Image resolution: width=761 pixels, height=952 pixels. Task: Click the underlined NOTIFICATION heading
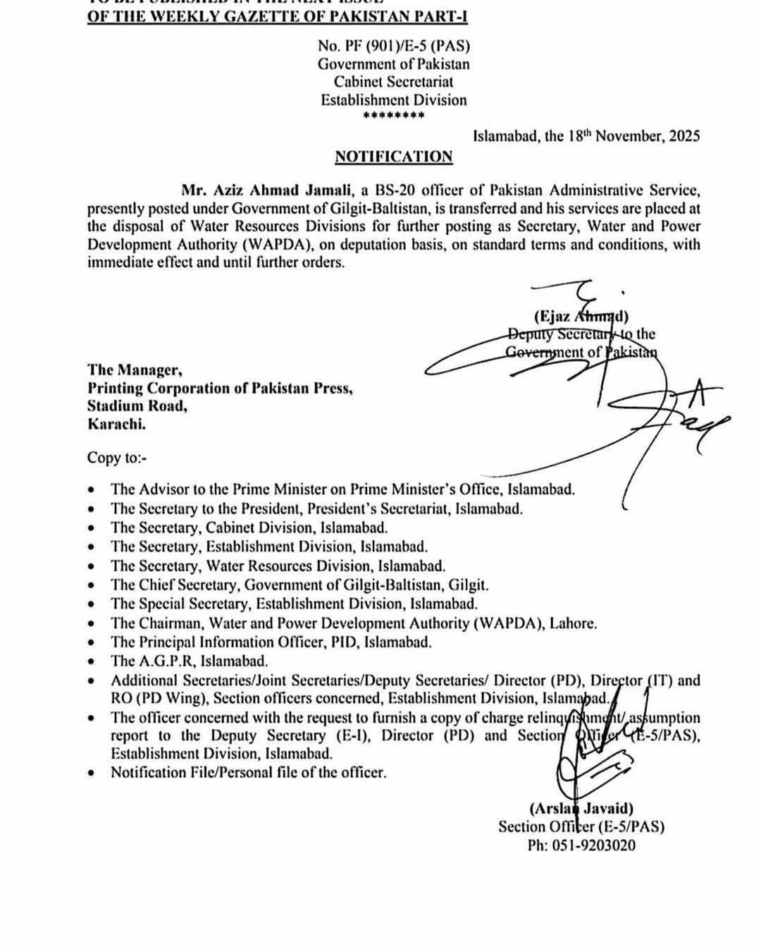393,157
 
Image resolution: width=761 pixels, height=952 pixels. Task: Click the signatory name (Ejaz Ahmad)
581,316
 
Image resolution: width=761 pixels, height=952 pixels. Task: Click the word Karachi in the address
117,425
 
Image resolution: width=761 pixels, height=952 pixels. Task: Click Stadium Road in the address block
137,406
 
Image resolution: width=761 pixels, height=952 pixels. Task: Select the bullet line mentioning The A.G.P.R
189,661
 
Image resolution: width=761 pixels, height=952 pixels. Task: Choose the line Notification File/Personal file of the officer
248,772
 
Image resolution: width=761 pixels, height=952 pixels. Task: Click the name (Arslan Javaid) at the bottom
581,809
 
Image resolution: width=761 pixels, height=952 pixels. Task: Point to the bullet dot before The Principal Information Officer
92,642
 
